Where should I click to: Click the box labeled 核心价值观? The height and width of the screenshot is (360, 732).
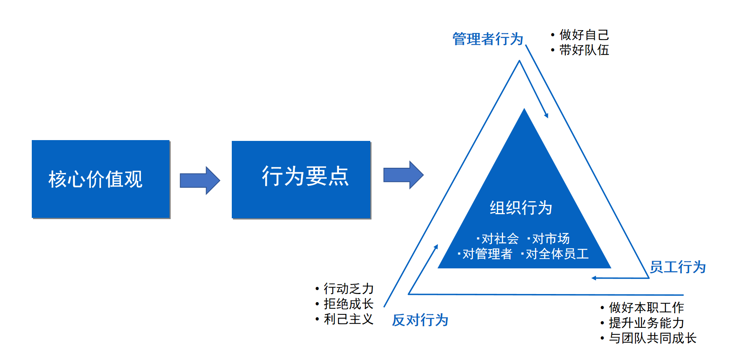(101, 179)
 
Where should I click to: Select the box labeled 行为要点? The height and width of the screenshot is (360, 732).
(301, 180)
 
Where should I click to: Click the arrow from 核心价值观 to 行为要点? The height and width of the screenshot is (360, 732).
(200, 180)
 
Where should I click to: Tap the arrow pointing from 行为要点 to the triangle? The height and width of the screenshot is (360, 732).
(403, 175)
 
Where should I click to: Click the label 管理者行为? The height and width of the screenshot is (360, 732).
(488, 39)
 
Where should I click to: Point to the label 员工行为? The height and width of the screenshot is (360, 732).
(677, 267)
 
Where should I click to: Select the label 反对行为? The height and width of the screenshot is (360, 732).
(420, 320)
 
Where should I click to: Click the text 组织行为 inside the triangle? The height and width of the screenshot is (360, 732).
(521, 208)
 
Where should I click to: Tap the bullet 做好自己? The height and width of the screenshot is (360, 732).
(580, 35)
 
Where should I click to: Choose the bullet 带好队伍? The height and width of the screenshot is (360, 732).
(580, 50)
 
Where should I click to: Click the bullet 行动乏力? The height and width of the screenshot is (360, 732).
(345, 289)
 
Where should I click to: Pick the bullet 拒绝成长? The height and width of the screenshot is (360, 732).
(345, 304)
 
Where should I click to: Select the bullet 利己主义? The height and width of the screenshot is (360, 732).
(345, 319)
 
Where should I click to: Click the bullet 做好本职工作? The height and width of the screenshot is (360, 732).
(642, 307)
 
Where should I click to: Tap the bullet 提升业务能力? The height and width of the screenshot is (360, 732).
(642, 323)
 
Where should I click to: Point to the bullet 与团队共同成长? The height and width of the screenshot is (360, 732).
(648, 338)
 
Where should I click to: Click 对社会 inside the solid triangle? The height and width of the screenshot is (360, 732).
(498, 239)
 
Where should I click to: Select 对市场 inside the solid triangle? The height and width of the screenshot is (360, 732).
(548, 239)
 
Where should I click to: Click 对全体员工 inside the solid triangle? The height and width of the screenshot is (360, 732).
(555, 254)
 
